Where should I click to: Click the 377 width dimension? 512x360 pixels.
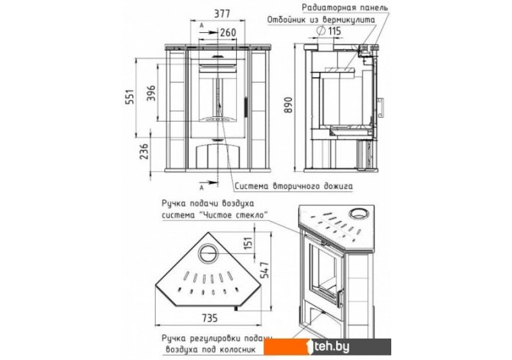coord(222,14)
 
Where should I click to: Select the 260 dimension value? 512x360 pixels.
coord(228,32)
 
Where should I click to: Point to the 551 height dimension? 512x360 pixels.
coord(130,96)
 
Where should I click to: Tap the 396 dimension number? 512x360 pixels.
coord(151,93)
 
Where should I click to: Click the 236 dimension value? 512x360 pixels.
coord(144,151)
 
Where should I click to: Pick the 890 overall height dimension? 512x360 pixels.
coord(288,105)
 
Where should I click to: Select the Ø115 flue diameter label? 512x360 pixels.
coord(329,31)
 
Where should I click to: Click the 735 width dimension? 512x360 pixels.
coord(209,318)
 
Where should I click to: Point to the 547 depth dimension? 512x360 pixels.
coord(265,270)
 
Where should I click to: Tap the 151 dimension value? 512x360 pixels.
coord(248,243)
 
